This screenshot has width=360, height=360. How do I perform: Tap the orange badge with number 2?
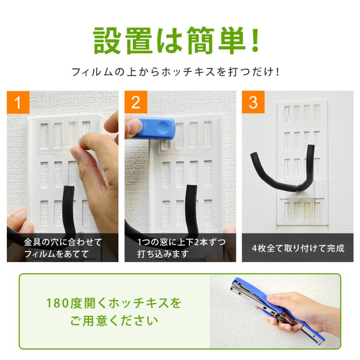coord(136,102)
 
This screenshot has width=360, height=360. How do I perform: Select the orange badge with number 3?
coord(253,102)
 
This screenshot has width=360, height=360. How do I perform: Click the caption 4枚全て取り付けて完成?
coord(298,248)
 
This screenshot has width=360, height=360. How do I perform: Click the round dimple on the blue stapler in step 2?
coord(163,128)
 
